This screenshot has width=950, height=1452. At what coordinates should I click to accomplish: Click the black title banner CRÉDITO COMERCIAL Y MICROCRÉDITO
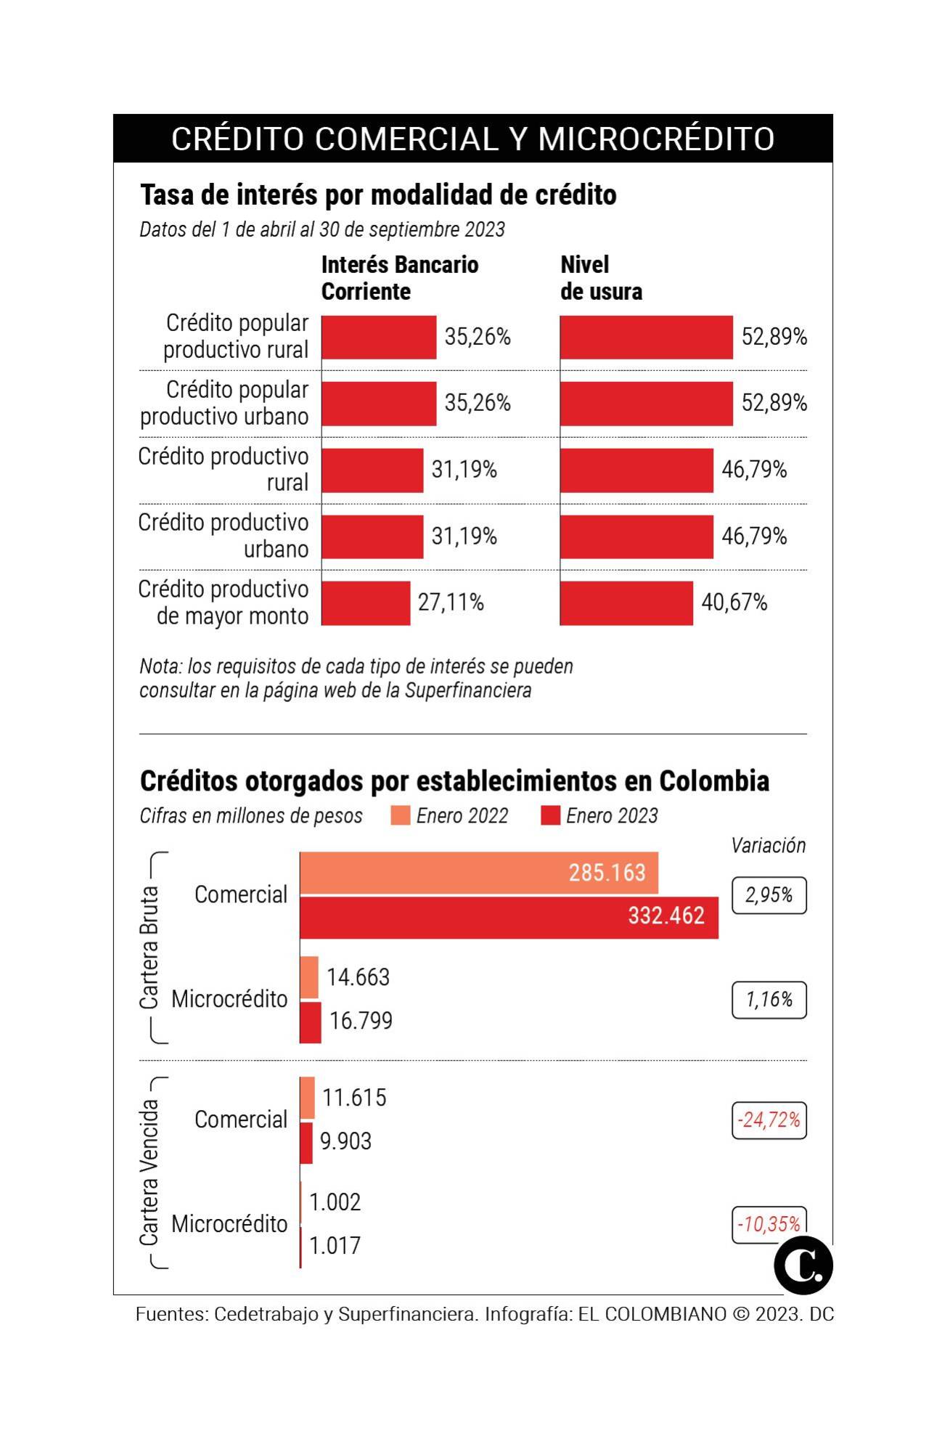[x=472, y=139]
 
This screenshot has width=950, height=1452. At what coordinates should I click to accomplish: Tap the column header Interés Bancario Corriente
[x=399, y=277]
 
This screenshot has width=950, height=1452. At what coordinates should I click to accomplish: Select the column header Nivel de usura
[x=601, y=277]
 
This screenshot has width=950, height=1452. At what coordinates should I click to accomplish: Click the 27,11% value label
[x=451, y=603]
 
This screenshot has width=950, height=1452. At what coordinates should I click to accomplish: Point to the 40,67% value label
[x=734, y=603]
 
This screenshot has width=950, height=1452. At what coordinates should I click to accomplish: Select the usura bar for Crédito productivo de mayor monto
[x=626, y=603]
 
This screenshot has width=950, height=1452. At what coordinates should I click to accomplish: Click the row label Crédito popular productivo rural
[x=236, y=336]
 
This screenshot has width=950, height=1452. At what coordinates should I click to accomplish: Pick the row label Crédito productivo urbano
[x=224, y=536]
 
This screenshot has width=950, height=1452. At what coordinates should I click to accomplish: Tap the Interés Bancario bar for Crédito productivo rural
[x=372, y=470]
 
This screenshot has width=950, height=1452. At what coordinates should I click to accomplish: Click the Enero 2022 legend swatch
[x=400, y=815]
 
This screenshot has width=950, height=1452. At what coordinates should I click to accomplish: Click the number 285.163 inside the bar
[x=607, y=873]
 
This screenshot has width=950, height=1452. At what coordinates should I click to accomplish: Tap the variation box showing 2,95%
[x=769, y=895]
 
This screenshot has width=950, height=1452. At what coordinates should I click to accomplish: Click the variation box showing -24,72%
[x=769, y=1120]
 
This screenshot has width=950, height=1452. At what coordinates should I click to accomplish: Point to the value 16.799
[x=361, y=1021]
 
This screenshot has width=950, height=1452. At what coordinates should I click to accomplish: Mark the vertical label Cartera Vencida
[x=149, y=1172]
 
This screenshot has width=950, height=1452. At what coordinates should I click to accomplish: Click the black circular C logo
[x=803, y=1265]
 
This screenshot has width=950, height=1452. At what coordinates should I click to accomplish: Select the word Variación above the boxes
[x=768, y=846]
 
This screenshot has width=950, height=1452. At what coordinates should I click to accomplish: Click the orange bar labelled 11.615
[x=308, y=1097]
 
